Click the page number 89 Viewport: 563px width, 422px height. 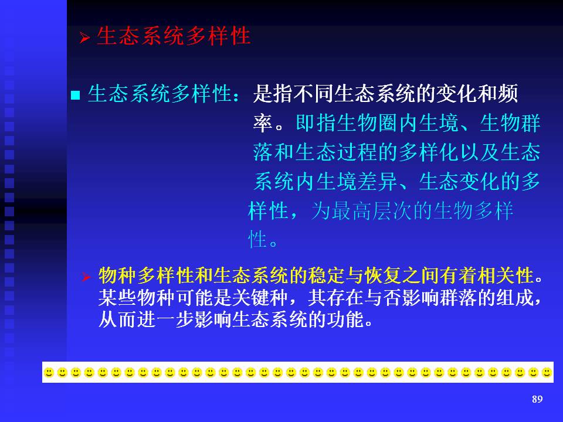click(537, 399)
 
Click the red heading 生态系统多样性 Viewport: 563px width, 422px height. click(174, 36)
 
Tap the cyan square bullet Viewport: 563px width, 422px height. click(76, 95)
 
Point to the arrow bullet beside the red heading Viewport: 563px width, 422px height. click(84, 38)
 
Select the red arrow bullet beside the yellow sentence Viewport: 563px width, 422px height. click(86, 277)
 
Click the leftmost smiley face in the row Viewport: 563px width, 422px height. click(49, 373)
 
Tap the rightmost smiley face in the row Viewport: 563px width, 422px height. click(547, 373)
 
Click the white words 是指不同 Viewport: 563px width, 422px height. click(293, 94)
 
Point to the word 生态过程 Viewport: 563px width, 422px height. click(336, 152)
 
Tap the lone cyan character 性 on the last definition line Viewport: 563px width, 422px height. click(257, 239)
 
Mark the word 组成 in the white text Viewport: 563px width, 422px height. click(514, 298)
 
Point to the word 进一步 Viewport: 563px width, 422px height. click(165, 319)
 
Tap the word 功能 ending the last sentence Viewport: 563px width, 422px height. click(346, 319)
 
